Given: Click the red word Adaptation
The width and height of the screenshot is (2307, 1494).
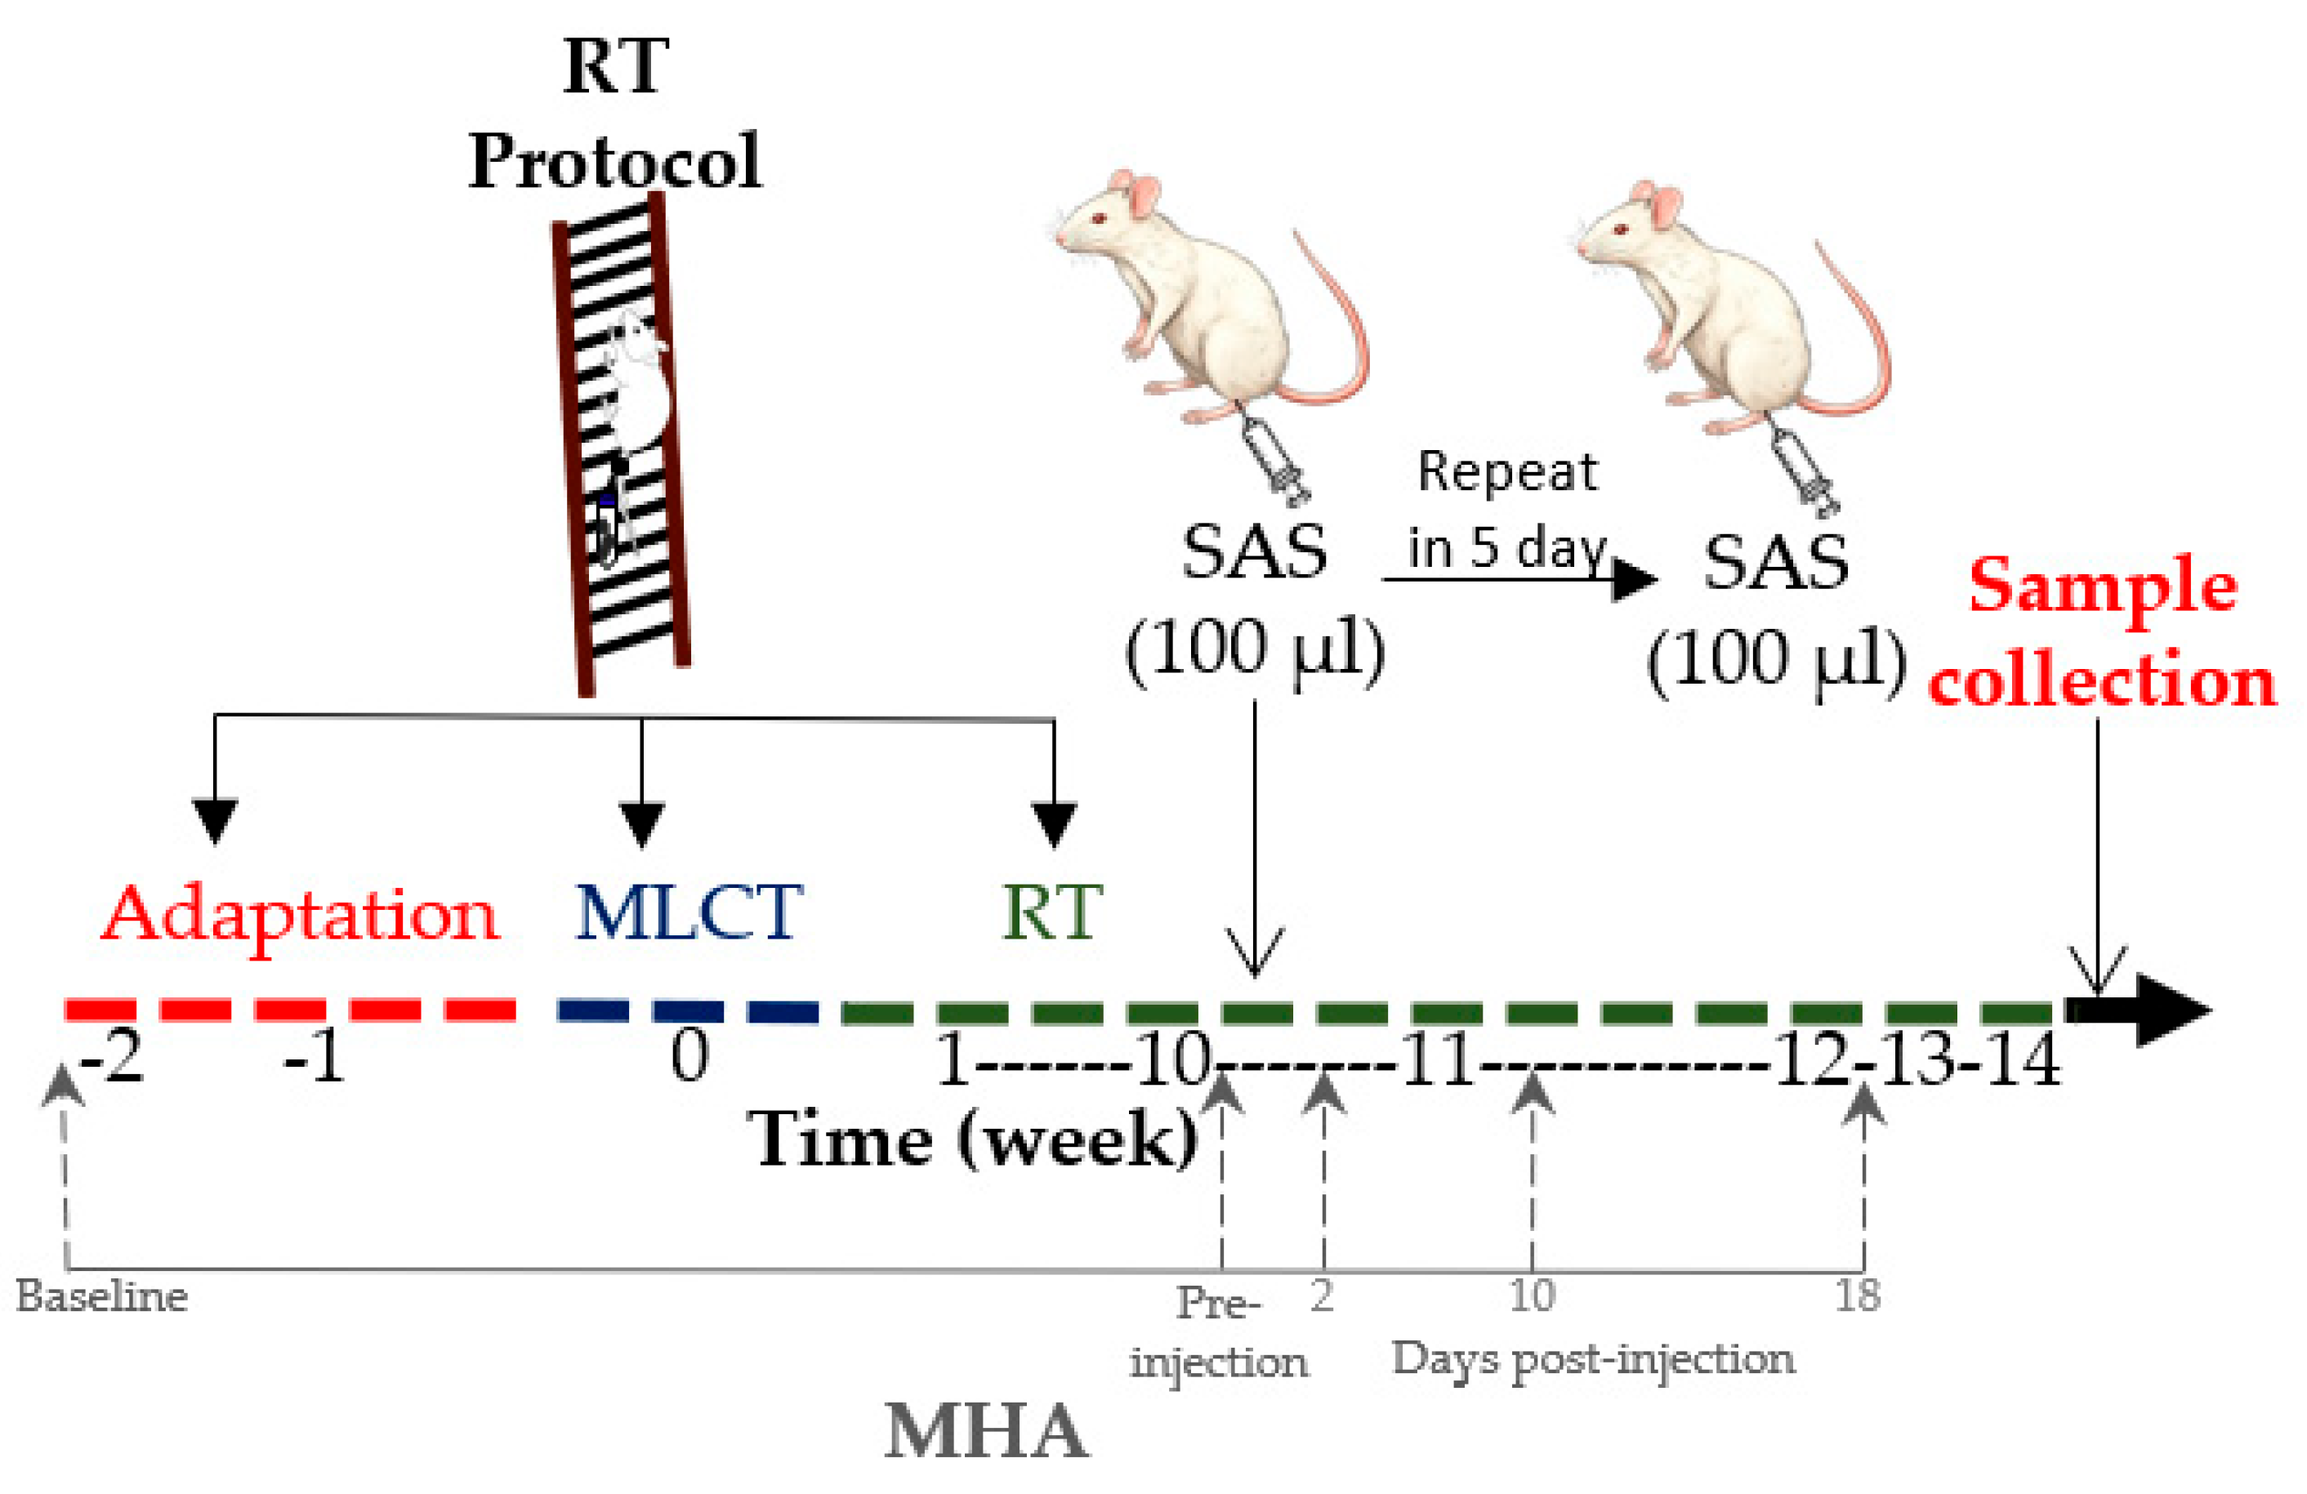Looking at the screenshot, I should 300,914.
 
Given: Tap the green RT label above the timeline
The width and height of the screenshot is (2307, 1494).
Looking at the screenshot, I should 1051,912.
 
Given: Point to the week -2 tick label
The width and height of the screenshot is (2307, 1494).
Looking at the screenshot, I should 111,1058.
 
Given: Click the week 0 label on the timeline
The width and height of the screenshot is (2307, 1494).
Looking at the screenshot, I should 689,1056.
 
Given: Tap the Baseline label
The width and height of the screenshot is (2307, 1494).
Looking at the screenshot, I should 102,1297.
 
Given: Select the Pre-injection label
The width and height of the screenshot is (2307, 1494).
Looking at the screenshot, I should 1218,1333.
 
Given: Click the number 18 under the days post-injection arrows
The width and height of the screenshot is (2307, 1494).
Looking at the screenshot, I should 1856,1296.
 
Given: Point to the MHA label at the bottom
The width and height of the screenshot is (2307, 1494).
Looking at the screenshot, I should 986,1433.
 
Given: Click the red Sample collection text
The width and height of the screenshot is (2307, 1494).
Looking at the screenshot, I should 2101,633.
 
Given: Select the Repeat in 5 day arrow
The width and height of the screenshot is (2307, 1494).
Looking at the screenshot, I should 1517,580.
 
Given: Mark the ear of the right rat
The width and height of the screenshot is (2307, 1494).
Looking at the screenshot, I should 1666,207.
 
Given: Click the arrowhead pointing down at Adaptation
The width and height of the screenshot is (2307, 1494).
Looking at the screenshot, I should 214,820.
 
